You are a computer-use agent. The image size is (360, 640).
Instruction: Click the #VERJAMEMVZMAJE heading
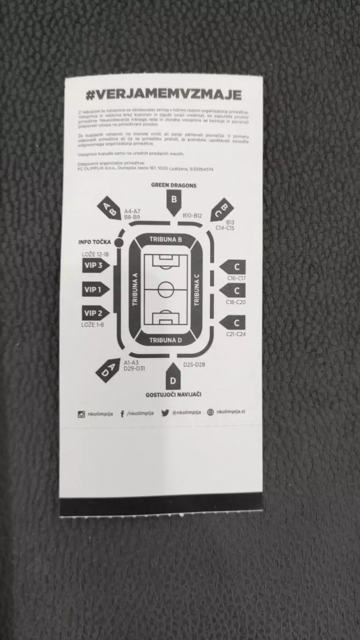(x=164, y=95)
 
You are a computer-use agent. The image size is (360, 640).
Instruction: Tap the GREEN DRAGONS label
(x=173, y=186)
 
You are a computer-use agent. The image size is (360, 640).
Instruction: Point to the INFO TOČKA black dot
(x=118, y=242)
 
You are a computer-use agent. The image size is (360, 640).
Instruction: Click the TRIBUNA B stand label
(x=165, y=239)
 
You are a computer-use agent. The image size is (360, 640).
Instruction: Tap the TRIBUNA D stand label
(x=165, y=340)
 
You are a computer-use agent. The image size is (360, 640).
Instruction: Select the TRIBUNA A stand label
(x=135, y=290)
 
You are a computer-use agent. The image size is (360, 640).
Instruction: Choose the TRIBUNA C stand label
(x=197, y=290)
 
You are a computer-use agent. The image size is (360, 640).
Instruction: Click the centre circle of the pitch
(x=166, y=289)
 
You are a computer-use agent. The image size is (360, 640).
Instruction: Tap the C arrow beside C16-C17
(x=234, y=267)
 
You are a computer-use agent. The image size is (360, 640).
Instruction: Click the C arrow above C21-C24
(x=234, y=322)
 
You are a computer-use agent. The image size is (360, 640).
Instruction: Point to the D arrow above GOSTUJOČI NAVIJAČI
(x=172, y=378)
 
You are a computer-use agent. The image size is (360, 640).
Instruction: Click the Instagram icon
(x=82, y=414)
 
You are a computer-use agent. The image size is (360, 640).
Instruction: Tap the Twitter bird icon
(x=165, y=413)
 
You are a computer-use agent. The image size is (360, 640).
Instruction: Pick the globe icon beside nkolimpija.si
(x=210, y=412)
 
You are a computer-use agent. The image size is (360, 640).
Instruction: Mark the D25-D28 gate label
(x=194, y=365)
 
